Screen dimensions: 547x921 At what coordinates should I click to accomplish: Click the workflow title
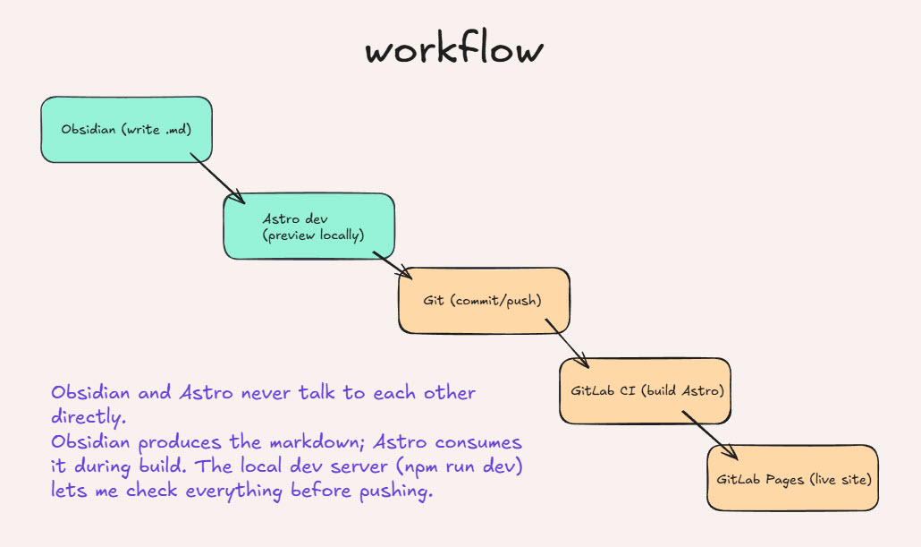click(453, 50)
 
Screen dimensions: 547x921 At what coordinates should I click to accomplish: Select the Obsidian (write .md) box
click(126, 129)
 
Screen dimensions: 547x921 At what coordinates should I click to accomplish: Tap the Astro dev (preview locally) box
click(308, 226)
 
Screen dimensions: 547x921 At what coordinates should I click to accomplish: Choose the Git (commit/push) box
click(484, 301)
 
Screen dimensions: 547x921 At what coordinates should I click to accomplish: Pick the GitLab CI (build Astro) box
click(645, 391)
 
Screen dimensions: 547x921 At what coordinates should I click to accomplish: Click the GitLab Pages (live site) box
click(792, 479)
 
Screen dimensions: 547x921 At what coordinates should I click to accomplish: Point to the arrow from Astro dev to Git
click(392, 265)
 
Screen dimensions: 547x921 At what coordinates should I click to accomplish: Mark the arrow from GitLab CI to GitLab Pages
click(709, 436)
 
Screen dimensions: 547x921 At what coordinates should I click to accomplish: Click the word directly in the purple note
click(88, 417)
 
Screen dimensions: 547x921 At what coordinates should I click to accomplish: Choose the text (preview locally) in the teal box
click(313, 235)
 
